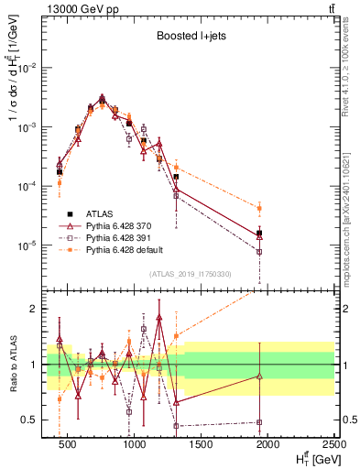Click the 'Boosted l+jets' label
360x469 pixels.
coord(191,40)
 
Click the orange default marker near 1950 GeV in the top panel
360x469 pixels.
coord(259,208)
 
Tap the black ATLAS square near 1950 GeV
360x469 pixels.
coord(259,233)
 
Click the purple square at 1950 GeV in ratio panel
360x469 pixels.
coord(259,422)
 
